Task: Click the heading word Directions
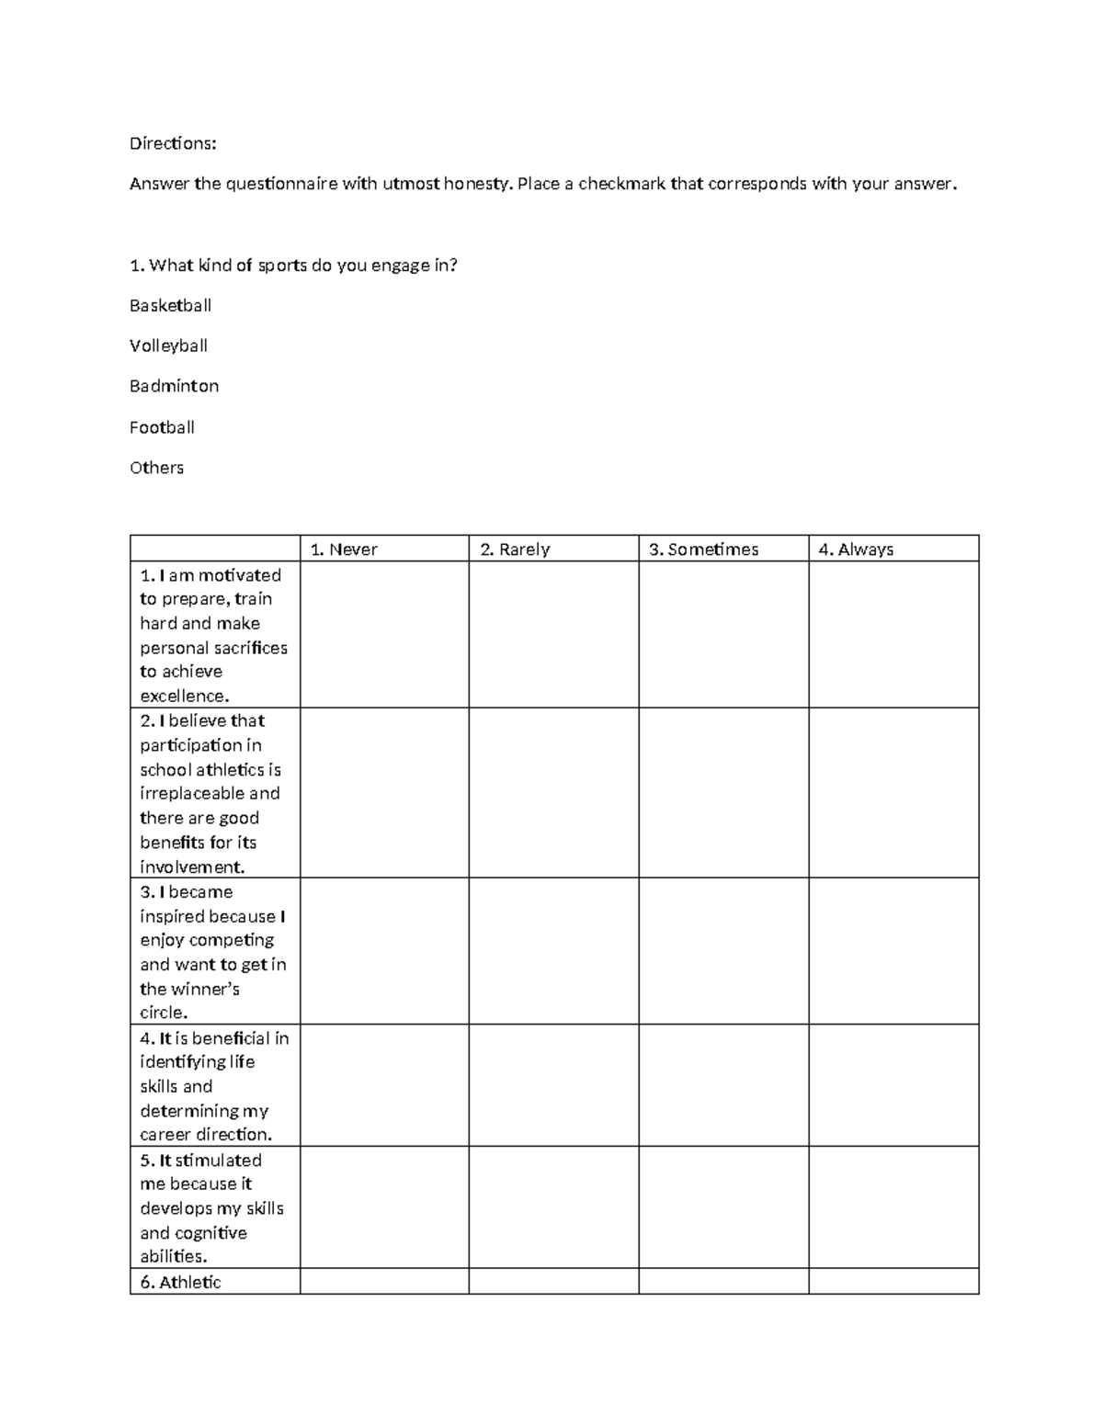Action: coord(173,143)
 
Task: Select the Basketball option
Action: coord(170,305)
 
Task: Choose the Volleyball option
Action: coord(168,345)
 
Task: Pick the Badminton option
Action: coord(174,386)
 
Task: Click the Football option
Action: coord(162,427)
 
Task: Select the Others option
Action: coord(156,468)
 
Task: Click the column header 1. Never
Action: coord(344,549)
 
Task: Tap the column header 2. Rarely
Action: coord(515,549)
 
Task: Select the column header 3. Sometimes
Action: coord(703,549)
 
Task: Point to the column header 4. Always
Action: coord(856,549)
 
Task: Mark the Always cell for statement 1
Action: coord(893,634)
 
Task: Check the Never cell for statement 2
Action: coord(384,792)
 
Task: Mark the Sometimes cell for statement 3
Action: coord(723,950)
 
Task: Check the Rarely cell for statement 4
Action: coord(553,1084)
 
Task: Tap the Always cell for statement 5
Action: coord(893,1206)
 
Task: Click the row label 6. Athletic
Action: coord(181,1282)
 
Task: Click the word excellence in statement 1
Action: coord(184,697)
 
